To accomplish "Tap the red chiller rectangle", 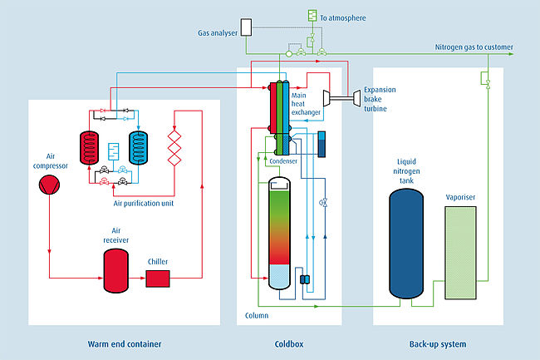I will coord(158,279).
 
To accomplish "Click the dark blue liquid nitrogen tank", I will coord(410,244).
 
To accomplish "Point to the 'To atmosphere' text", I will coord(343,17).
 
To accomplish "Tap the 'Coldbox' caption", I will coord(289,343).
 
